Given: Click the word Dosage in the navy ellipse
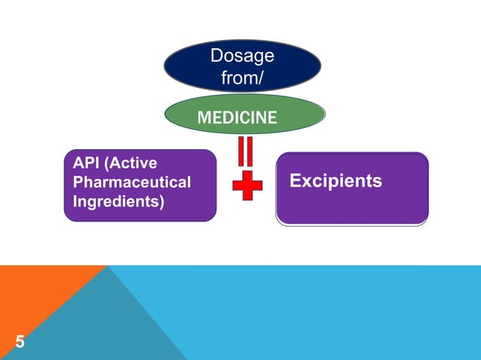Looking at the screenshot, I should point(242,57).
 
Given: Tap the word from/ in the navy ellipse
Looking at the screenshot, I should point(242,77).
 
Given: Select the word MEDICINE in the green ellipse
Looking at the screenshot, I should point(236,117).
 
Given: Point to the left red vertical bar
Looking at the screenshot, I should point(241,151).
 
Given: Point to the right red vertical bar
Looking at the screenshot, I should point(252,151).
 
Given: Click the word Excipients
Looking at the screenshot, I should point(335,182).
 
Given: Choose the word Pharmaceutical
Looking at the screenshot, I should point(132,182).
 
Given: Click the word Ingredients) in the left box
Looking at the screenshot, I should point(118,202).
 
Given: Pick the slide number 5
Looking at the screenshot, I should point(19,343).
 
